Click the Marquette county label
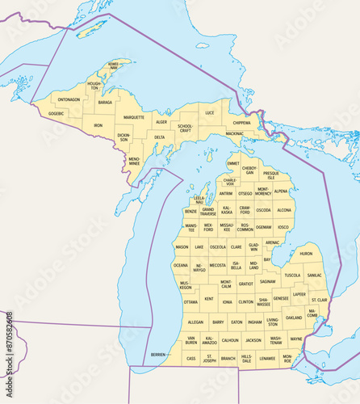(134, 117)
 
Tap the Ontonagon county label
(69, 99)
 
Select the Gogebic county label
(56, 114)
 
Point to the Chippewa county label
(241, 123)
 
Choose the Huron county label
(306, 254)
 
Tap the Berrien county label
(158, 355)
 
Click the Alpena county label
(280, 191)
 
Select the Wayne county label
(296, 339)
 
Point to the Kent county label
(209, 299)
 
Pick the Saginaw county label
(267, 282)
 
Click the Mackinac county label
(234, 133)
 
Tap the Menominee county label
(134, 161)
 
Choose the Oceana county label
(180, 264)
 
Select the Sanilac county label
(315, 275)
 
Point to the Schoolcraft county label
(186, 128)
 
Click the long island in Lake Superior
(90, 30)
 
